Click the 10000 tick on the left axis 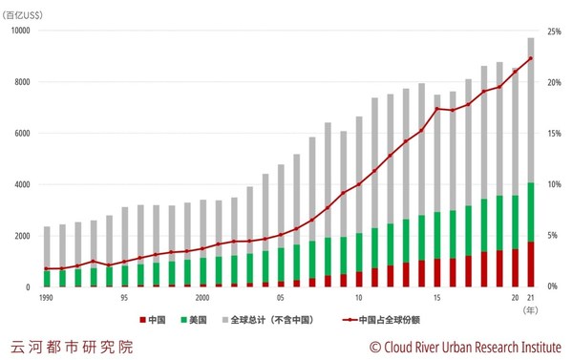click(20, 31)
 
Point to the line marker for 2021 click(530, 58)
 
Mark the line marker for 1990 click(47, 268)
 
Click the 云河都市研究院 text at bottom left click(72, 346)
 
